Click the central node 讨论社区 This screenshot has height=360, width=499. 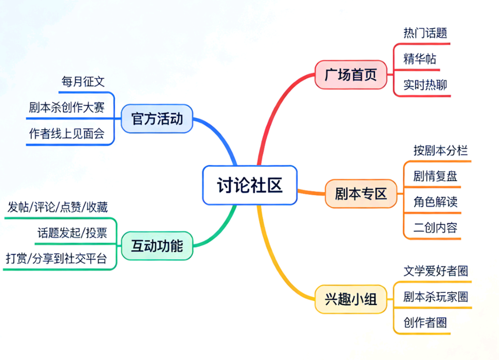250,185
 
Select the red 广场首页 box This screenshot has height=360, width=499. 350,74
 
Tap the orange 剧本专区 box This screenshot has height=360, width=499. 361,194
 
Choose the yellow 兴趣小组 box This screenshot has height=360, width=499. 350,299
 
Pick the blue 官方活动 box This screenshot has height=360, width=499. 156,119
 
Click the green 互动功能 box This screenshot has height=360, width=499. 156,246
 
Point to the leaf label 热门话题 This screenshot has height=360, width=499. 425,33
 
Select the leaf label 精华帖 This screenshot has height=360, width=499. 420,59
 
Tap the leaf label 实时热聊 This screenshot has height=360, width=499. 425,85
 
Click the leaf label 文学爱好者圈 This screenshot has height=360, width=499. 436,271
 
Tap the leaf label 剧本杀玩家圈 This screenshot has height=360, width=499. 436,297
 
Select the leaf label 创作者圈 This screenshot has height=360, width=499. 425,322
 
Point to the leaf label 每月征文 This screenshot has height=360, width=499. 82,81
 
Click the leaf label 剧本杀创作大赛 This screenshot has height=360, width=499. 66,107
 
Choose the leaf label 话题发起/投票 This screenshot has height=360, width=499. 73,232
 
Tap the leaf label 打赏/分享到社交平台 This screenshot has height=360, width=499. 56,258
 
